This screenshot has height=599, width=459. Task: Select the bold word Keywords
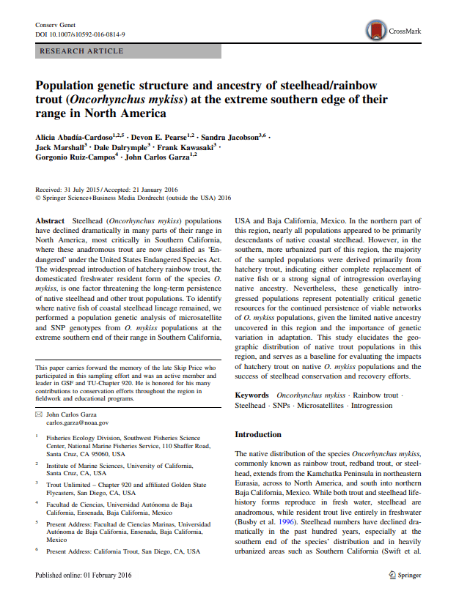[x=252, y=395]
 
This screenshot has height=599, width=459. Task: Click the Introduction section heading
[x=257, y=434]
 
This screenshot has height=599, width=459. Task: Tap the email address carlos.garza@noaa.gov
[x=78, y=423]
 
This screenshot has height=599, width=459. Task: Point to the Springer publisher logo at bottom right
[x=402, y=576]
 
